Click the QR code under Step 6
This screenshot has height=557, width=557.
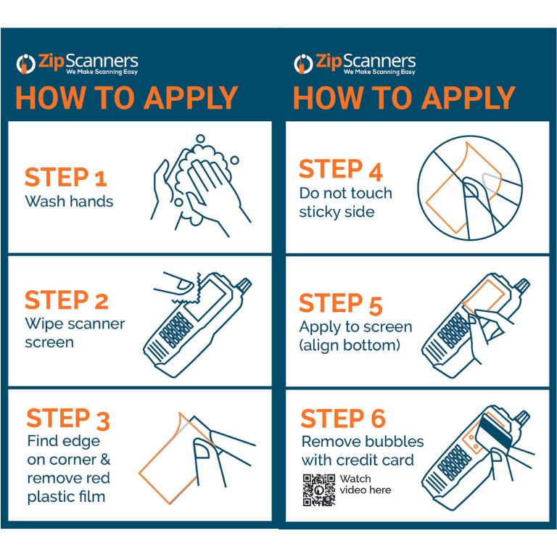point(319,490)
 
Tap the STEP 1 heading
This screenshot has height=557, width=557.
point(66,178)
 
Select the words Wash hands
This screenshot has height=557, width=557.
point(69,202)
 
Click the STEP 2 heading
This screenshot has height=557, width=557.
point(66,300)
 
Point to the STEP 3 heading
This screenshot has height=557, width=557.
point(68,419)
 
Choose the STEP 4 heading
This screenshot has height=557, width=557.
point(340,170)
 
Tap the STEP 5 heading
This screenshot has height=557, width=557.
point(340,303)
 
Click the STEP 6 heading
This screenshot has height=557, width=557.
point(343,419)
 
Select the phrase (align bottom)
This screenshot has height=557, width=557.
point(350,345)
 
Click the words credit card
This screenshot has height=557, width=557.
point(388,460)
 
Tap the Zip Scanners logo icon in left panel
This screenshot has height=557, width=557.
point(25,64)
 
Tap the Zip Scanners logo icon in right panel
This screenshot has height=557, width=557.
point(302,64)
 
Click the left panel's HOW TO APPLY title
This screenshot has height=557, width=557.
point(126,98)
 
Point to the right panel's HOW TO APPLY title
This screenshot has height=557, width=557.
point(404,98)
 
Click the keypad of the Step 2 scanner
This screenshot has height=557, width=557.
point(175,330)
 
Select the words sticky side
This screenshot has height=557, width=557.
point(337,213)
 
